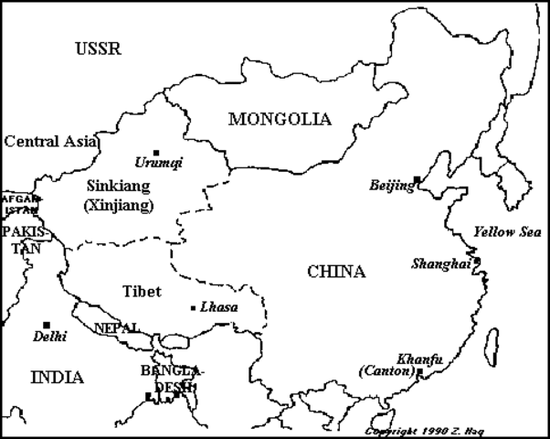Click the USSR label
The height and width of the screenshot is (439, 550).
point(98,49)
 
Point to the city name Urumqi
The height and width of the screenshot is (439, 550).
point(158,163)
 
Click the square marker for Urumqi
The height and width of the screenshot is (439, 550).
point(156,152)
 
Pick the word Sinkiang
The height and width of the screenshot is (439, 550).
point(118,185)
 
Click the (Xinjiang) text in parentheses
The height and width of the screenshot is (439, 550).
point(118,206)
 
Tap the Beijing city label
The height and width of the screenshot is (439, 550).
point(391,186)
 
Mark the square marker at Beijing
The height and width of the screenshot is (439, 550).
point(417,180)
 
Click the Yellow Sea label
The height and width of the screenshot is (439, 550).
point(507,232)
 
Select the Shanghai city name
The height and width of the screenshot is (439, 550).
point(440,263)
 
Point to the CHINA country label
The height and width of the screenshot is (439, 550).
point(336,272)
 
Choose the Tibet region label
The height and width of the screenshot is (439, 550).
point(141,292)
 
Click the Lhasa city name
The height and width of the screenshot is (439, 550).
point(218,307)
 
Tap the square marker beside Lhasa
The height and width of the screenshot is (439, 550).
point(192,307)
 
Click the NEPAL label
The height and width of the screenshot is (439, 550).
point(117,327)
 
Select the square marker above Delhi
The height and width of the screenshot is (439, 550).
point(46,325)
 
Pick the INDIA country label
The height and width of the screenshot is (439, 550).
point(57,377)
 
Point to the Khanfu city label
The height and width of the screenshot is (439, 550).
point(420,359)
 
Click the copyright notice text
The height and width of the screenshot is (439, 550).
point(454,430)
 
